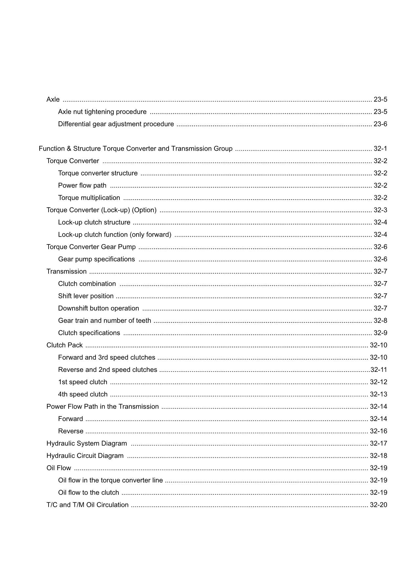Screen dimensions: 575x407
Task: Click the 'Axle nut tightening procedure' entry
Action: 102,112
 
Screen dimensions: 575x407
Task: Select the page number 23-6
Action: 380,124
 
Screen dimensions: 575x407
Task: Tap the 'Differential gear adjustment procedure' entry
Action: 116,124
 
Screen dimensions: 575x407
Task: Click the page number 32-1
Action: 380,149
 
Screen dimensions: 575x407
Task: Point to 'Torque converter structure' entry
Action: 98,173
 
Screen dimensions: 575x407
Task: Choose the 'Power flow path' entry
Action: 82,185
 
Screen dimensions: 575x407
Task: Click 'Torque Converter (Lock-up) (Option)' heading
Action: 101,210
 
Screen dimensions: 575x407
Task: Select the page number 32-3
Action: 380,210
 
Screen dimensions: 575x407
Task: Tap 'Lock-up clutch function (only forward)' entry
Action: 114,235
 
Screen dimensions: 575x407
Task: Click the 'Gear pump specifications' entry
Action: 96,259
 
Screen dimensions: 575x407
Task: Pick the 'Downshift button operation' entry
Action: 98,308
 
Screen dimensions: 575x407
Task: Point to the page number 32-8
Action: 380,321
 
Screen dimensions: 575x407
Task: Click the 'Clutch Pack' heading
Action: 65,345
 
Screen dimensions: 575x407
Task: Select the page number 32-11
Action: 379,370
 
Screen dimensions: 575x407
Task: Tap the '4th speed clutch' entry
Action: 83,394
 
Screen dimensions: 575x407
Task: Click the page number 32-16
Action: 378,431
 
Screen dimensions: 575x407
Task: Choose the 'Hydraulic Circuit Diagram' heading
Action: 85,456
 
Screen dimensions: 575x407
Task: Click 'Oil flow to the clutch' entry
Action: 88,493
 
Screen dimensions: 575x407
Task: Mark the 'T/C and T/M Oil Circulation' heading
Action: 88,505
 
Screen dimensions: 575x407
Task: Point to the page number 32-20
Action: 378,505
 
